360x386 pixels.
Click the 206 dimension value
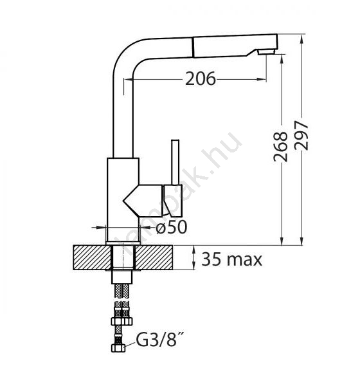201,78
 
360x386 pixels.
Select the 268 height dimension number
280,147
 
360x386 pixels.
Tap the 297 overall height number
301,135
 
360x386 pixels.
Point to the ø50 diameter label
172,226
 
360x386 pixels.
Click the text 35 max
232,259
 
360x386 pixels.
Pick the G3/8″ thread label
160,340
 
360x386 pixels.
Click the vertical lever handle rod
175,162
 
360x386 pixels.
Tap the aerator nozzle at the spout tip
266,51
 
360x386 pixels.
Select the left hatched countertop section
92,257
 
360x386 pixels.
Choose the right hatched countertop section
154,257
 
